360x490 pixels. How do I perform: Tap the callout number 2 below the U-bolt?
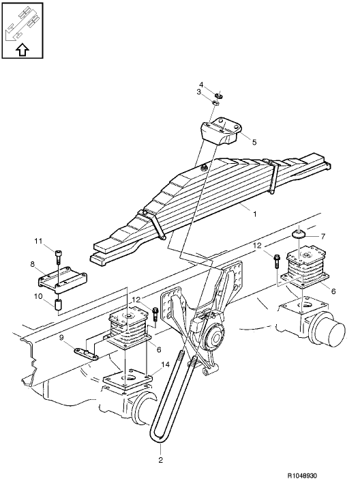click(162, 460)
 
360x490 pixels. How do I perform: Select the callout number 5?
click(254, 142)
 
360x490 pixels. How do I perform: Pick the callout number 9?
click(62, 337)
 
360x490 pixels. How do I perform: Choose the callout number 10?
click(39, 296)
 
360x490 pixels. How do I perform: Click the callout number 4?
click(211, 85)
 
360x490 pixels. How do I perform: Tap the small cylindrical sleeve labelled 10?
click(59, 302)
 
